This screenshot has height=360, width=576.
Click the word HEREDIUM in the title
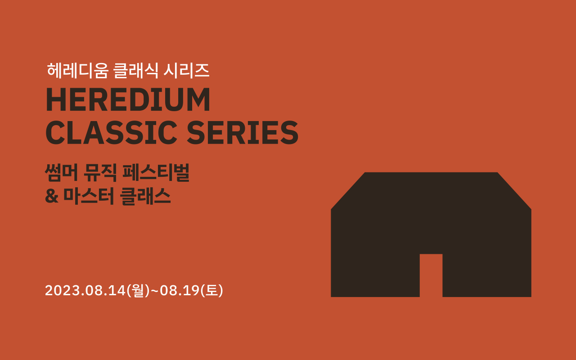point(128,100)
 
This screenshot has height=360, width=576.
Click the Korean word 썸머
point(61,173)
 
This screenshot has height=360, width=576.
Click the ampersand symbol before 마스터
point(52,197)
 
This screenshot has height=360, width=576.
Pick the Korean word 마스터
point(88,197)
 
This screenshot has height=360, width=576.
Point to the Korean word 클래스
point(146,197)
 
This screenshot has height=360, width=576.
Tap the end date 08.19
point(180,291)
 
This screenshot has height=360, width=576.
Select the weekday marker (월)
point(138,291)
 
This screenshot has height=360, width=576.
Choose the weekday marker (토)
point(211,291)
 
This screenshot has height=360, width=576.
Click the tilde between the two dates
point(154,291)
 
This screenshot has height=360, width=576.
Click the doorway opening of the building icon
point(431,275)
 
